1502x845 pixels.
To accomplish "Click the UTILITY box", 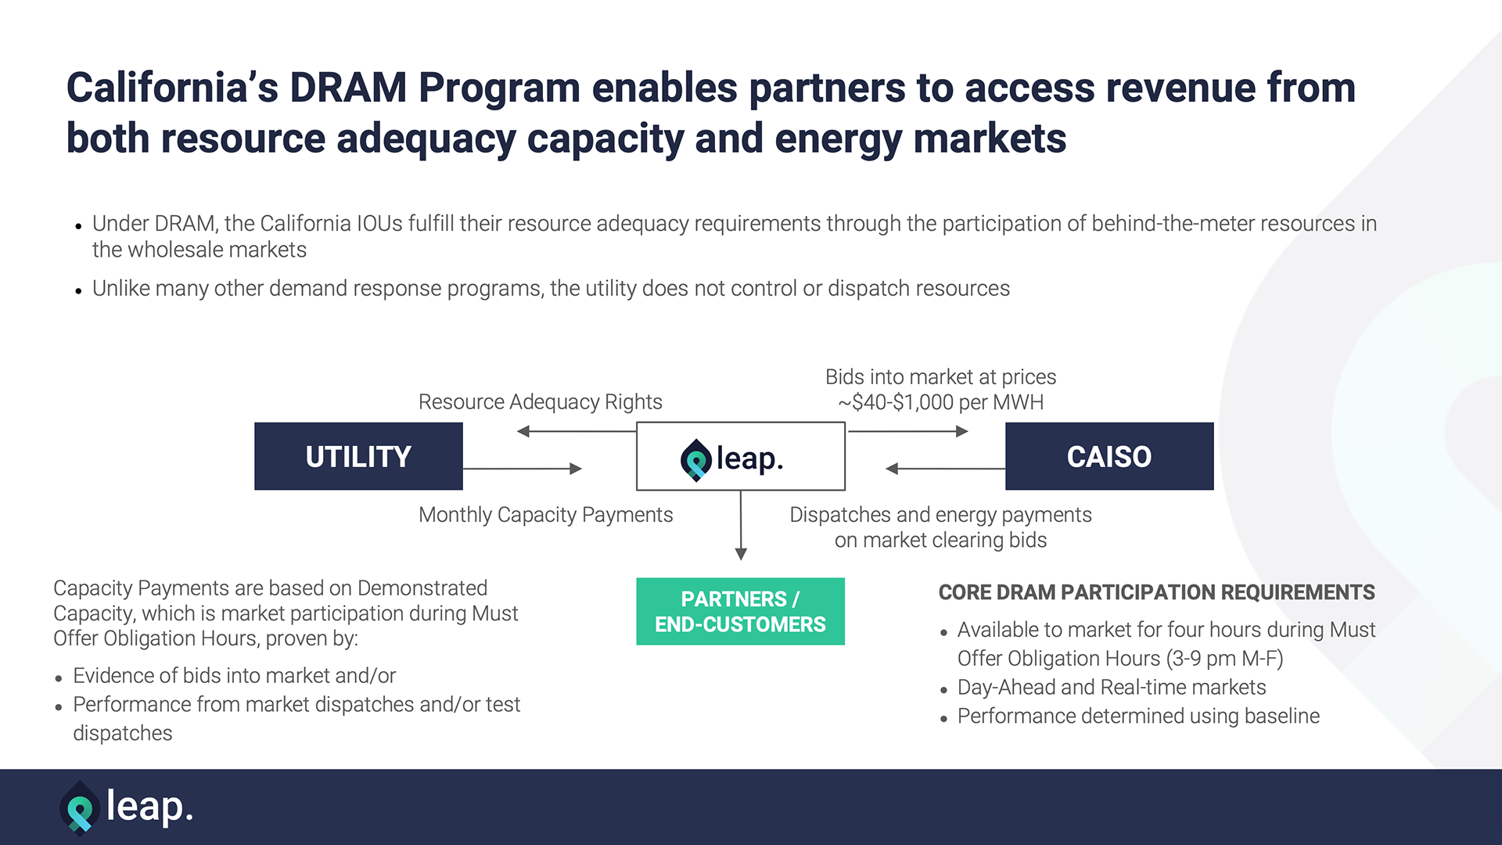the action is tap(358, 456).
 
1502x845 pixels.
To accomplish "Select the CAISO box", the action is tap(1109, 456).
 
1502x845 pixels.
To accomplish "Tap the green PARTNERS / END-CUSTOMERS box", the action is tap(740, 611).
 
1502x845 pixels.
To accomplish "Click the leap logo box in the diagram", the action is tap(741, 456).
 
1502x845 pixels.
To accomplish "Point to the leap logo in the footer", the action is tap(126, 807).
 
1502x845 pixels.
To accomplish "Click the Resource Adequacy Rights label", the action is tap(541, 402).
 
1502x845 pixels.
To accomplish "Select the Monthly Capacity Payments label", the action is tap(546, 515).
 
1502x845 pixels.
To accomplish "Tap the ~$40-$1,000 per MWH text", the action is tap(941, 402).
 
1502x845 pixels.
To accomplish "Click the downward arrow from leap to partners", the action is tap(741, 525).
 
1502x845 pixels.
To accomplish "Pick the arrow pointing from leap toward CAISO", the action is tap(908, 431).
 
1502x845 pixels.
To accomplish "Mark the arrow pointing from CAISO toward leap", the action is tap(945, 469).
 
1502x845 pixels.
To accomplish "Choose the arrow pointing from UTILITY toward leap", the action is tap(523, 469).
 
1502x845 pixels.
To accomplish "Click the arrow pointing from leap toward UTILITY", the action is tap(577, 431).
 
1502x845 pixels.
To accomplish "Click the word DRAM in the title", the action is tap(348, 87).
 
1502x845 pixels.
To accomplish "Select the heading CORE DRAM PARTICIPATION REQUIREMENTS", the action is tap(1157, 592).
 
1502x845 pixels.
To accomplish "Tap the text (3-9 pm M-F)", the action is tap(1224, 659).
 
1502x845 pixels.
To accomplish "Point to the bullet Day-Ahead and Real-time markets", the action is tap(1112, 687).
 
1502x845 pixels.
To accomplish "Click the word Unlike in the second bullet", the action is tap(121, 288).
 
